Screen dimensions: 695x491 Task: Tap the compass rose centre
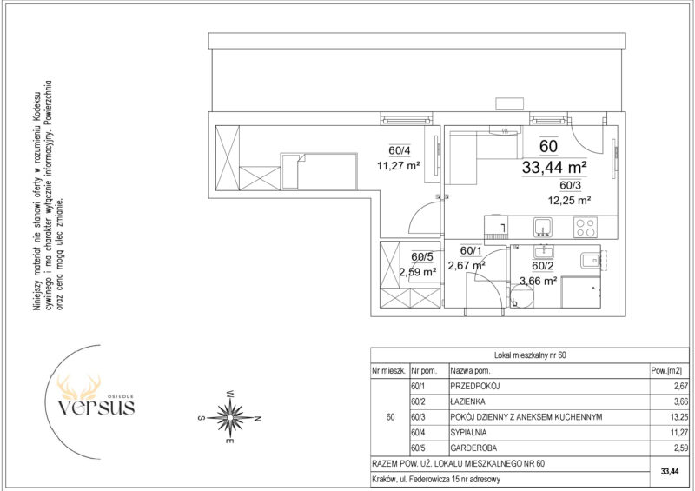[x=230, y=417]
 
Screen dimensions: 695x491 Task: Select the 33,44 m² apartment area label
[x=554, y=167]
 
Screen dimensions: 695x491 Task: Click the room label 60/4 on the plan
[x=400, y=151]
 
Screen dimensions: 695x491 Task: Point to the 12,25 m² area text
[x=569, y=200]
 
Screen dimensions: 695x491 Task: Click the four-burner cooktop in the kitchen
[x=585, y=227]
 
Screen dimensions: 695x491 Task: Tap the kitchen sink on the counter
[x=542, y=227]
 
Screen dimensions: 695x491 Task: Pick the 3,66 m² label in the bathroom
[x=538, y=281]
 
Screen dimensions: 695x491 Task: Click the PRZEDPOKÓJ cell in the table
[x=475, y=387]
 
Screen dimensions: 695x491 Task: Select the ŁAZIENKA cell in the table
[x=468, y=401]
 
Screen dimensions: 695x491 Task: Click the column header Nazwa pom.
[x=470, y=371]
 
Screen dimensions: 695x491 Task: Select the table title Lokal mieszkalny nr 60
[x=531, y=355]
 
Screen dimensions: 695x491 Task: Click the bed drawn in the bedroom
[x=319, y=171]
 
